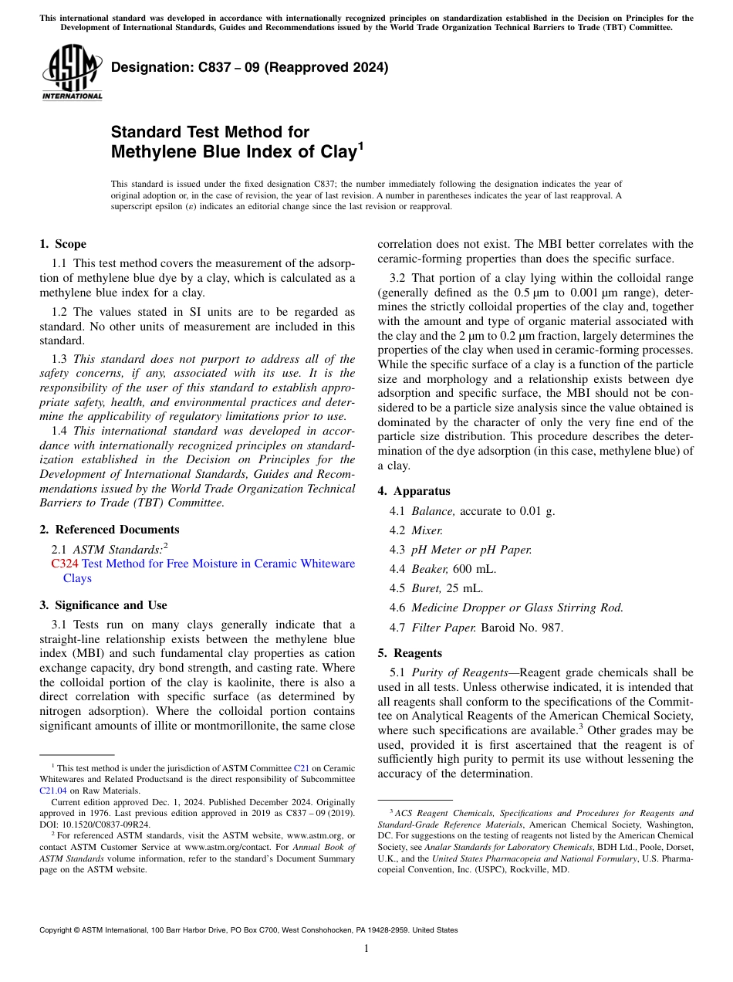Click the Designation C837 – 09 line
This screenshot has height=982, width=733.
(249, 67)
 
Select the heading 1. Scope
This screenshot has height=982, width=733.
(63, 244)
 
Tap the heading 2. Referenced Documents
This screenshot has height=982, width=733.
(109, 530)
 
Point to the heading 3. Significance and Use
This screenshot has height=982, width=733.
(103, 605)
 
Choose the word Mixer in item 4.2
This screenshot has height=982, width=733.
(427, 530)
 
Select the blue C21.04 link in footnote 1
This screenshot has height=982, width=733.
(53, 791)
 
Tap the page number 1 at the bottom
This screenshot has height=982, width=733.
(366, 949)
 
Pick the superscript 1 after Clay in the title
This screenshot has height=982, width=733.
(360, 144)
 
